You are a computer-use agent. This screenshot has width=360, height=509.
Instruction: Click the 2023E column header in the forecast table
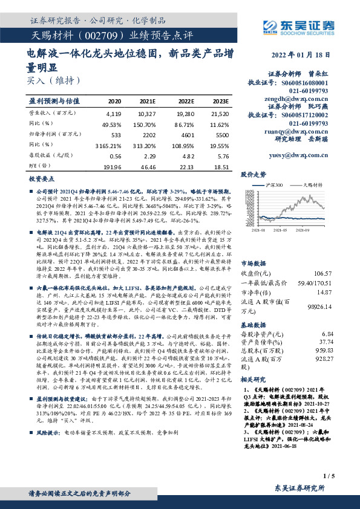pyautogui.click(x=220, y=101)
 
